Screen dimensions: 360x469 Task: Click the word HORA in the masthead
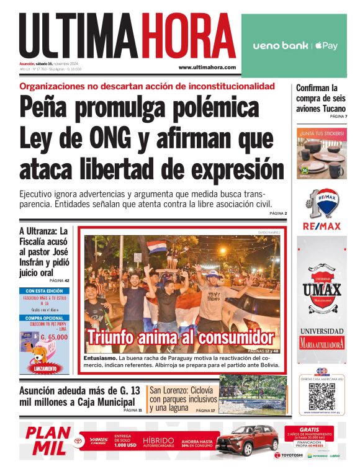tap(188, 37)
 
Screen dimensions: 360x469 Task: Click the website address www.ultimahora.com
tap(207, 67)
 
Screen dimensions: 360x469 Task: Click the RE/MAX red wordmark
tap(322, 226)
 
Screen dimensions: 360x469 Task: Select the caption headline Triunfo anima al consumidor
tap(180, 339)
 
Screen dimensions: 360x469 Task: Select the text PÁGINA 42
tap(58, 280)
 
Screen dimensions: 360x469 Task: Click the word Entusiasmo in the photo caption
tap(100, 359)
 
